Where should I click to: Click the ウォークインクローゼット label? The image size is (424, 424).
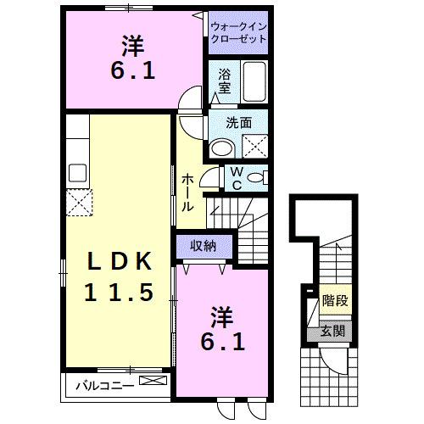point(238,32)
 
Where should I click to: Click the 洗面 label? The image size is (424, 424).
point(238,122)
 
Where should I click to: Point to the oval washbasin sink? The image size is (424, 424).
point(222,148)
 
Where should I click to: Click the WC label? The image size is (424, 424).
point(237,177)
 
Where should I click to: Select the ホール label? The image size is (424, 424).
point(187,192)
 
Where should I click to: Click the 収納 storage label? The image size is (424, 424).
point(203,246)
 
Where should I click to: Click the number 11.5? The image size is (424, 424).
point(119,293)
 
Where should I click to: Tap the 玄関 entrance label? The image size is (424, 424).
point(333,331)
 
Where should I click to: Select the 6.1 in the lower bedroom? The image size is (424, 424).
point(224,343)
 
